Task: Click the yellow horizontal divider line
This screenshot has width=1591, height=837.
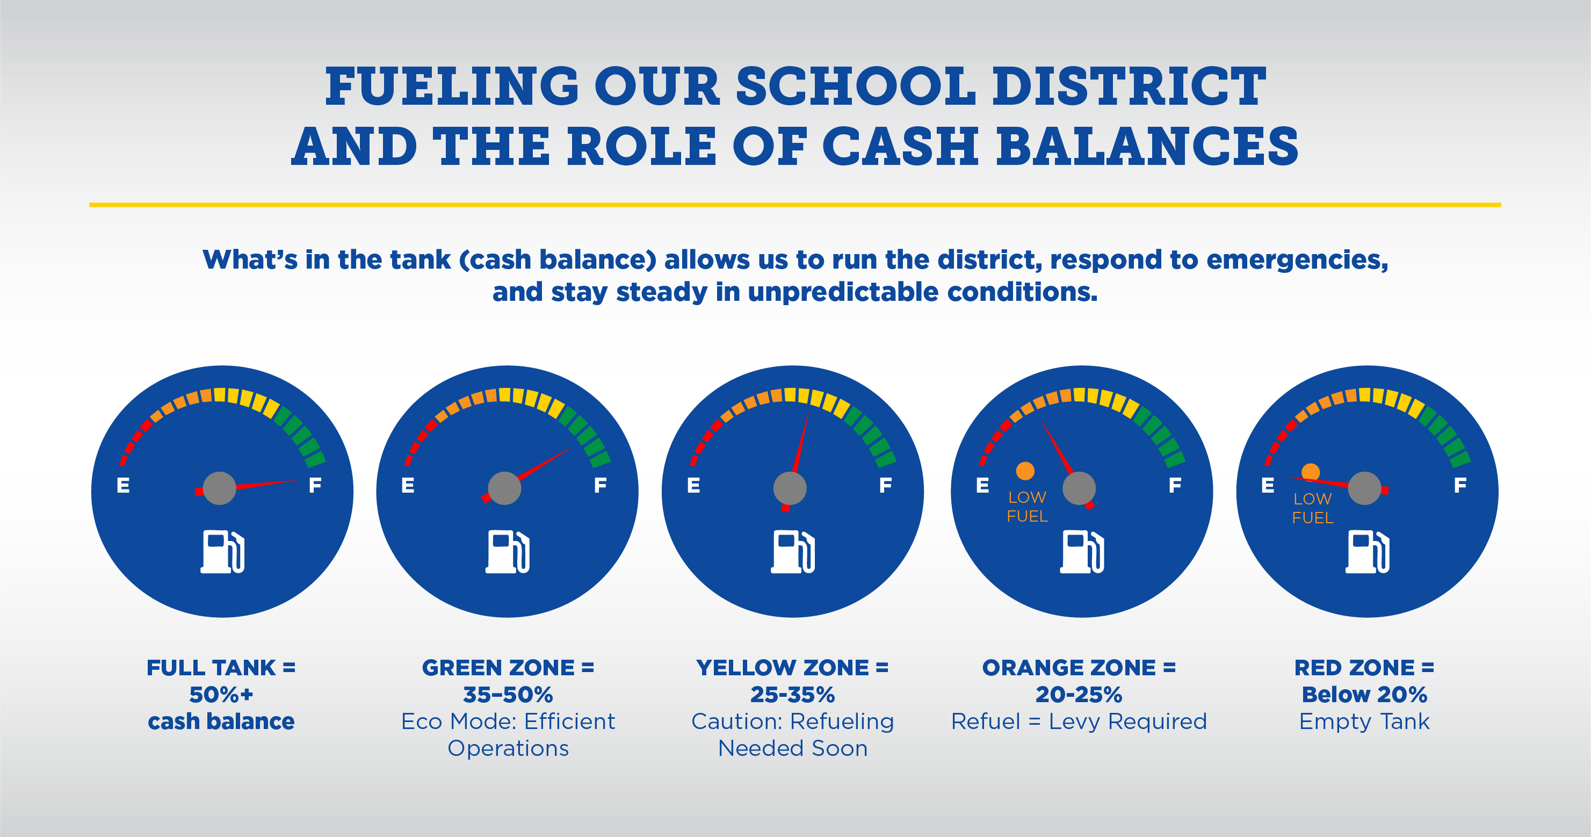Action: click(x=795, y=205)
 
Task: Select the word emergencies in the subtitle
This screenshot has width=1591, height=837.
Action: click(x=1298, y=260)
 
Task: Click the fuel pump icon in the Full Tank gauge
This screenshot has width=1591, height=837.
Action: click(x=222, y=551)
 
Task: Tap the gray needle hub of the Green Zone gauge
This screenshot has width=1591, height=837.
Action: click(x=504, y=488)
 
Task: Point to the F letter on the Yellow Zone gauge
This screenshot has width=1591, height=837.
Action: click(x=885, y=486)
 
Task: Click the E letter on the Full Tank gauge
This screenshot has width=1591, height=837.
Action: click(x=123, y=486)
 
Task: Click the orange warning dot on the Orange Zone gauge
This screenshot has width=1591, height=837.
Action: click(x=1025, y=471)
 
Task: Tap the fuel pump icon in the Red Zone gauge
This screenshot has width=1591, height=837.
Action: click(x=1368, y=551)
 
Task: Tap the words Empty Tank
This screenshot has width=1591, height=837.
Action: click(x=1364, y=721)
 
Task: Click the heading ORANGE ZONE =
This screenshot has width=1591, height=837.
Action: click(x=1079, y=668)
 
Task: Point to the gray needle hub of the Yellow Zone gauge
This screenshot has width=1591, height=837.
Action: click(x=790, y=488)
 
